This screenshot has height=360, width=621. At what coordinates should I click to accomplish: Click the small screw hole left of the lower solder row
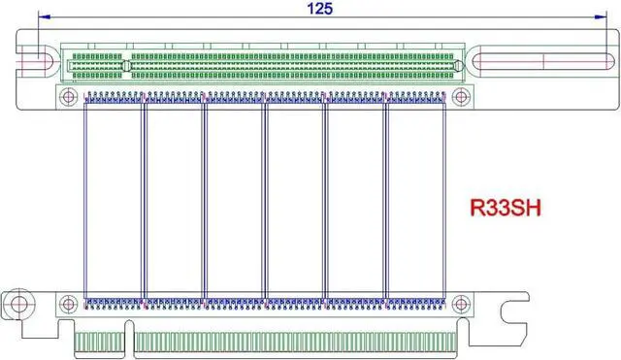point(70,305)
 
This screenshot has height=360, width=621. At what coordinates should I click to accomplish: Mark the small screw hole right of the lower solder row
point(464,305)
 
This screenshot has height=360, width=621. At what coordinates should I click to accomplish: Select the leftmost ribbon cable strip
point(114,199)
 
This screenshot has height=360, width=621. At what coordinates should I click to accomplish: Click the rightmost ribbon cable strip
point(415,199)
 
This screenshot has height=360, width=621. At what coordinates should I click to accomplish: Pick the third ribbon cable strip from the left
point(234,199)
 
